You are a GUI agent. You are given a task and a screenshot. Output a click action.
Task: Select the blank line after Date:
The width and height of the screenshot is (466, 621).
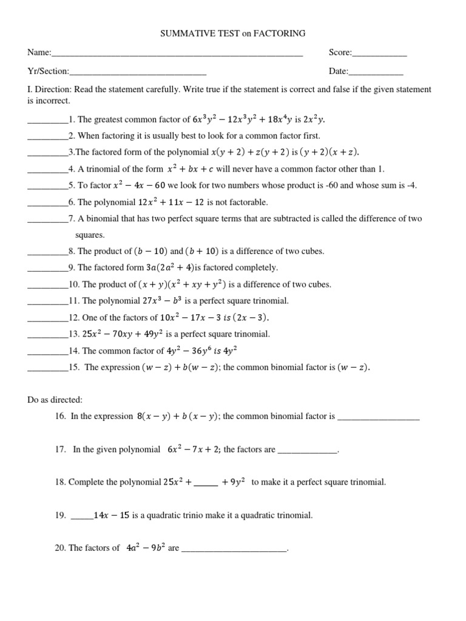376,72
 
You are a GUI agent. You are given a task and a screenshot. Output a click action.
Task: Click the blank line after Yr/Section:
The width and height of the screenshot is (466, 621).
138,72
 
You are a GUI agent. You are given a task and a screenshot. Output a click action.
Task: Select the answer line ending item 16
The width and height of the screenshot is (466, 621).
378,418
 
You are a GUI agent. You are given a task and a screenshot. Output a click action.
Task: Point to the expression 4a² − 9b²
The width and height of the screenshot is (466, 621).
146,548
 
